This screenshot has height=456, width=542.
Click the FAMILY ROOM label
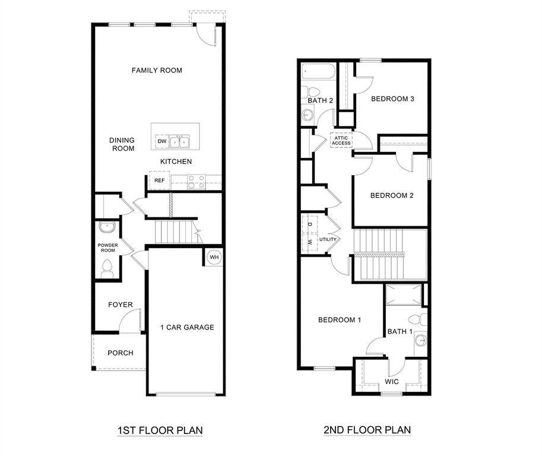(157, 70)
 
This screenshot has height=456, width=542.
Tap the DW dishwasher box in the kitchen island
(161, 141)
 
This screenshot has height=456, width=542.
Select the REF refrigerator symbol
(159, 180)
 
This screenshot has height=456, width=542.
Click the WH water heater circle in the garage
(214, 257)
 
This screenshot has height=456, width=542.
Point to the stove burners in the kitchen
(196, 182)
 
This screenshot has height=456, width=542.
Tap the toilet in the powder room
(107, 271)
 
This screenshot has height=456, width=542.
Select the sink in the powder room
(107, 227)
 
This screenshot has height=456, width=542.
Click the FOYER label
(120, 305)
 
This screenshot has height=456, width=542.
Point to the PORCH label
(120, 353)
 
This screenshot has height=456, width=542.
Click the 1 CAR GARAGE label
(187, 327)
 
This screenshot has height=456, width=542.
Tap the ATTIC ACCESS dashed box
(341, 140)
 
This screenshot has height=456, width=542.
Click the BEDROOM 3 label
(392, 99)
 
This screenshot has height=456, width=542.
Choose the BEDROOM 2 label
(391, 195)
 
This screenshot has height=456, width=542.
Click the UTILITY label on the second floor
(328, 239)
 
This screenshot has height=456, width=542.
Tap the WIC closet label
(392, 381)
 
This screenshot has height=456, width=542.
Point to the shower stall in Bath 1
(404, 295)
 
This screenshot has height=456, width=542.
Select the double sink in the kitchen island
(180, 141)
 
